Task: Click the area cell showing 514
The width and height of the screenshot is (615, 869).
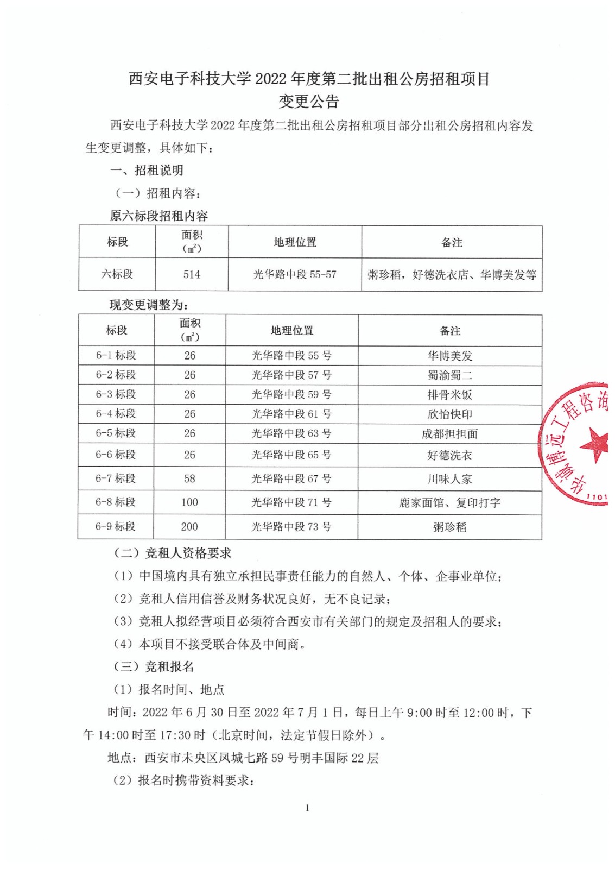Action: point(192,274)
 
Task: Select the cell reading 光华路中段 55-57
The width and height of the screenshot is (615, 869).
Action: point(295,274)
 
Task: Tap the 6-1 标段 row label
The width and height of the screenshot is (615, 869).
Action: point(116,355)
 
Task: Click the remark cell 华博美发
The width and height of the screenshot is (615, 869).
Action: point(449,356)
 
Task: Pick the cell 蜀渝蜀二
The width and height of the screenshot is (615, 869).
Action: point(449,375)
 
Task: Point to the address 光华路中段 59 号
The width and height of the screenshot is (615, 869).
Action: point(291,394)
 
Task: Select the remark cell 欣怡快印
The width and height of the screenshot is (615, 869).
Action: point(449,414)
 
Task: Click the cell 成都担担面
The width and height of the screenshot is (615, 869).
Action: point(449,434)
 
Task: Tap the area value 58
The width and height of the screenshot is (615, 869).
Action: point(189,478)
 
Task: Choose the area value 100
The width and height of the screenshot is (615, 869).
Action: point(189,502)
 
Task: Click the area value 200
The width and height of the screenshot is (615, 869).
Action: point(189,526)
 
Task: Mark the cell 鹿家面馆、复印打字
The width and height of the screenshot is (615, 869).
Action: point(449,503)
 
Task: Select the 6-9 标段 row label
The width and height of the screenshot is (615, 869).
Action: point(116,526)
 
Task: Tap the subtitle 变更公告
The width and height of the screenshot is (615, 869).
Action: point(308,102)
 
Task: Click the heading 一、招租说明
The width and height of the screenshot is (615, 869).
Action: point(147,171)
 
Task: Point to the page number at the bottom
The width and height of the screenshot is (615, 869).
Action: point(307,808)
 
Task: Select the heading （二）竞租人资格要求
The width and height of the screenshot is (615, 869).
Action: point(172,553)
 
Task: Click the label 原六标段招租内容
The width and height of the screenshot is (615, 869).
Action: point(158,216)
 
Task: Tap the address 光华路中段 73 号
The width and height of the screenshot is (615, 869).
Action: point(291,526)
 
